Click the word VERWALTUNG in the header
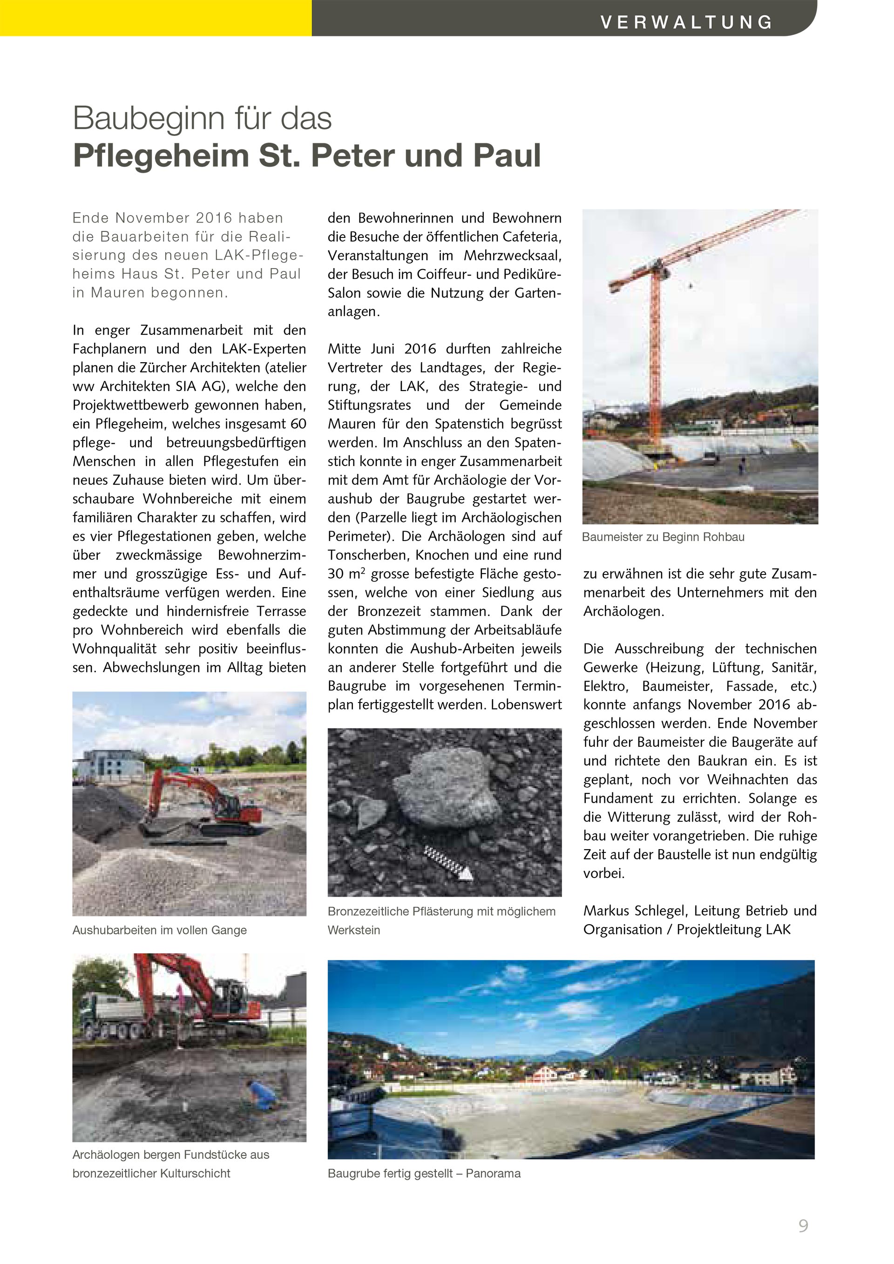pyautogui.click(x=686, y=22)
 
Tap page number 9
pyautogui.click(x=803, y=1225)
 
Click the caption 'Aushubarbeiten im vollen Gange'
pyautogui.click(x=160, y=930)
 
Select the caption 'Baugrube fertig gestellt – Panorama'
pyautogui.click(x=424, y=1174)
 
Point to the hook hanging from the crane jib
pyautogui.click(x=691, y=286)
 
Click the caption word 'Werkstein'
pyautogui.click(x=353, y=930)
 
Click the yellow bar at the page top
pyautogui.click(x=156, y=18)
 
